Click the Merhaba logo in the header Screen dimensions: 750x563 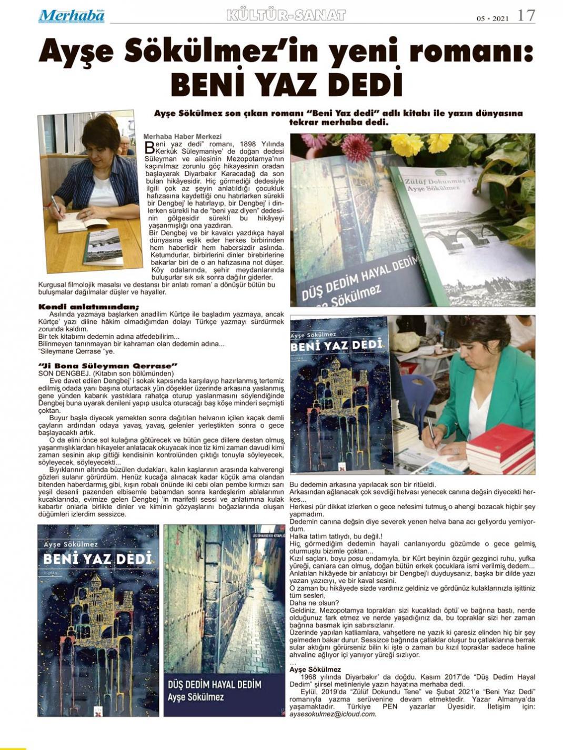click(71, 16)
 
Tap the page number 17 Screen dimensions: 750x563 click(526, 15)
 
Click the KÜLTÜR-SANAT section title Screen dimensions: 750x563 click(286, 15)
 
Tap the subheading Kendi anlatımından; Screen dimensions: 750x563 click(88, 307)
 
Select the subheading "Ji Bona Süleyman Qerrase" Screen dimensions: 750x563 click(108, 365)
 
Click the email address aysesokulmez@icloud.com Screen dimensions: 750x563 click(333, 714)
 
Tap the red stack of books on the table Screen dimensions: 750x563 click(500, 447)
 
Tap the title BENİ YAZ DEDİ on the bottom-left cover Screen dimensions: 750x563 click(98, 558)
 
